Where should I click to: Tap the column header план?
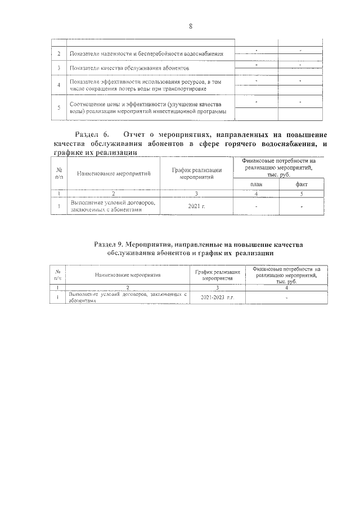[x=256, y=184]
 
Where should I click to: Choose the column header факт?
[x=301, y=184]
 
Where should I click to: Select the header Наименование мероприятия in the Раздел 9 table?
[x=128, y=276]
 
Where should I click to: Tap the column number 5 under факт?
[x=301, y=193]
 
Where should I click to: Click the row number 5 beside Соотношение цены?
[x=59, y=108]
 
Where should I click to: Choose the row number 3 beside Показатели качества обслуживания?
[x=59, y=68]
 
